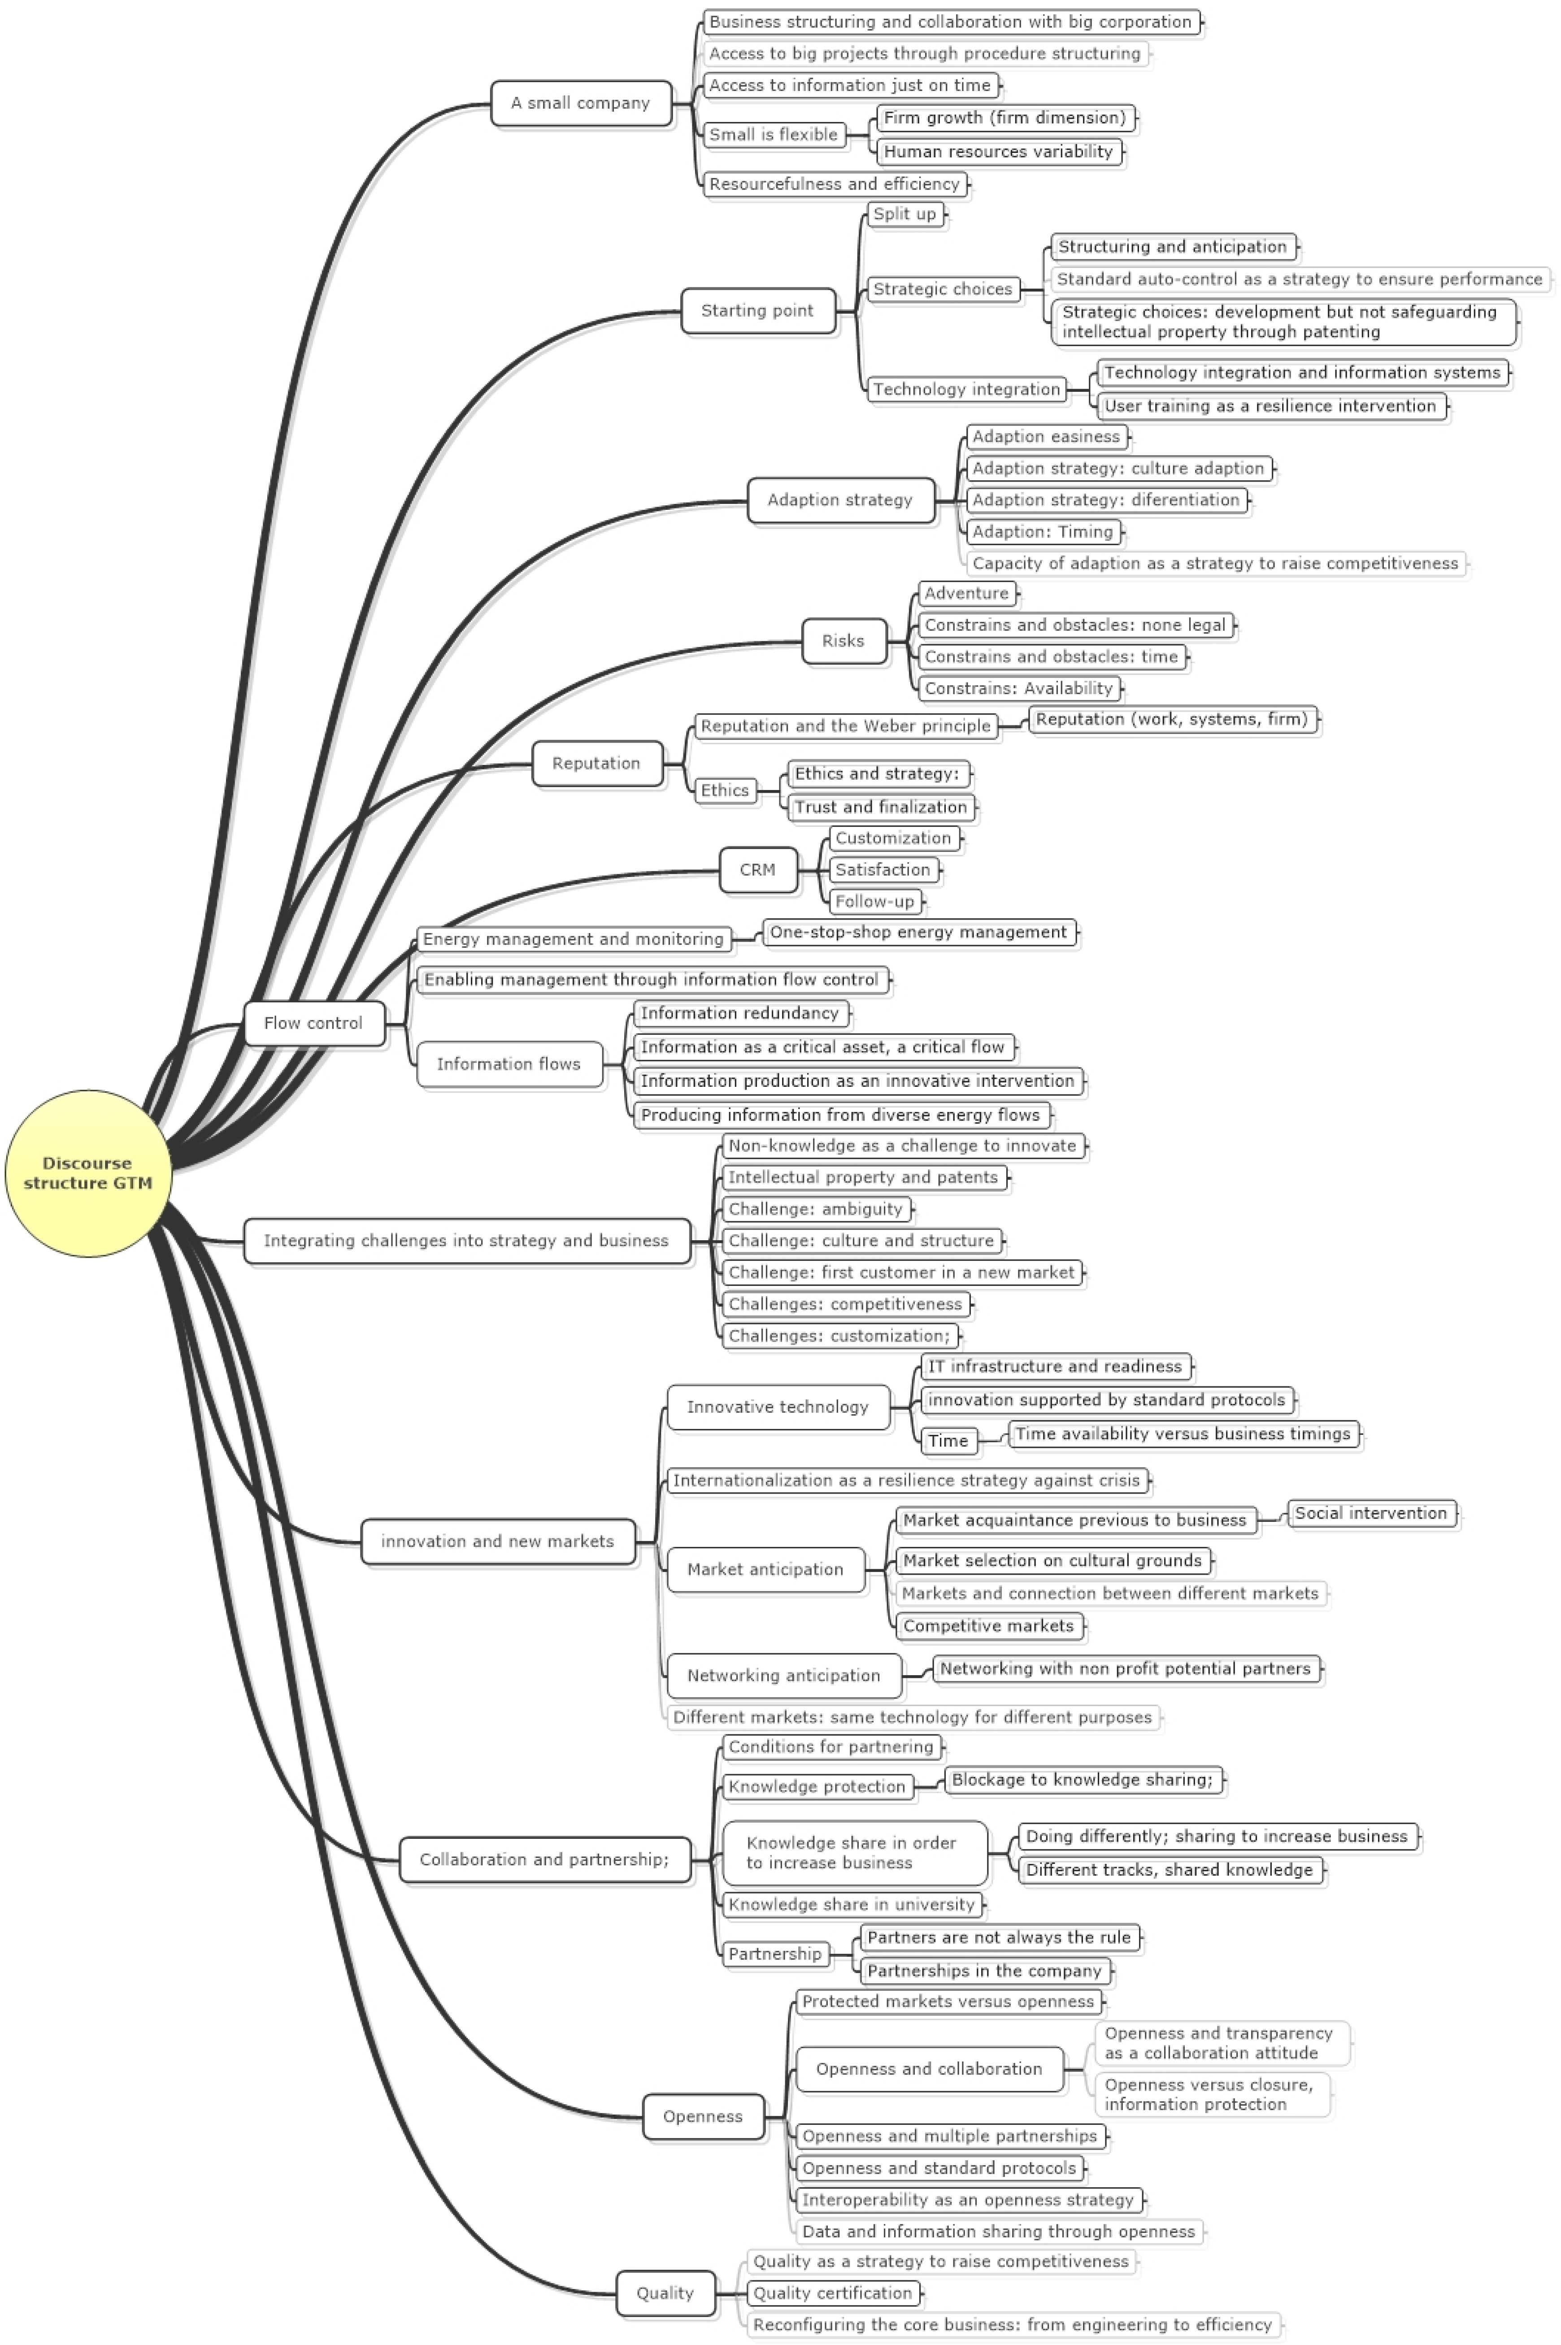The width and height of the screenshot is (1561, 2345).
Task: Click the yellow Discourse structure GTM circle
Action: coord(87,1172)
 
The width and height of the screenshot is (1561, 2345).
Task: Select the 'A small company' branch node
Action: coord(581,103)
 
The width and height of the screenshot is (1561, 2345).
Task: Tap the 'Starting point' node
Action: coord(757,311)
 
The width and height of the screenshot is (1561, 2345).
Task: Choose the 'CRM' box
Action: coord(757,870)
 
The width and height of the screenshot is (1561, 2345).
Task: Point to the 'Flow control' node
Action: coord(313,1023)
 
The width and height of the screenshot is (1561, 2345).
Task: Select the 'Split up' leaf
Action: coord(905,214)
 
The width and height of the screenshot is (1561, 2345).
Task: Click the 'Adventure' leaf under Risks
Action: coord(967,593)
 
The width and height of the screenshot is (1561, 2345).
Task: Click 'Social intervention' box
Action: coord(1371,1513)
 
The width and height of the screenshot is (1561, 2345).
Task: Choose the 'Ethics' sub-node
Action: coord(725,790)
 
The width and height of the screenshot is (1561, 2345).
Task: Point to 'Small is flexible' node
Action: coord(774,135)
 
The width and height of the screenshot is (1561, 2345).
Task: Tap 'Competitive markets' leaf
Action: coord(988,1625)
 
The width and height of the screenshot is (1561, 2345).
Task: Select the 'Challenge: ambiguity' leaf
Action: coord(815,1209)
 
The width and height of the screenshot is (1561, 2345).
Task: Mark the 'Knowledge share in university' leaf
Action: coord(851,1904)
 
